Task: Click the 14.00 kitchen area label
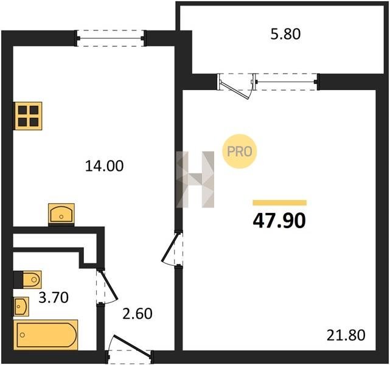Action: click(104, 166)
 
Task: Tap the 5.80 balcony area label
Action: click(285, 34)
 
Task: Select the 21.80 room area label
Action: click(346, 335)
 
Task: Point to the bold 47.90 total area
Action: click(279, 221)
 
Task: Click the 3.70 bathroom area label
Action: click(54, 297)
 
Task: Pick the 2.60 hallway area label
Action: click(138, 313)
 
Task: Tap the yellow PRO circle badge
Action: click(240, 151)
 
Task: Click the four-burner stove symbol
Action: click(29, 116)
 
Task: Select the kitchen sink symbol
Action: click(61, 214)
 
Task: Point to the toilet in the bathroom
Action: click(32, 280)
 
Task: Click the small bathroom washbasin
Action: click(21, 307)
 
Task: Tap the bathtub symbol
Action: click(46, 335)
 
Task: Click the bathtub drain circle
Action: click(23, 335)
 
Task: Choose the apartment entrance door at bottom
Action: click(130, 349)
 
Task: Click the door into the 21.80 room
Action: click(172, 249)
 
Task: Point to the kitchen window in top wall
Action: click(111, 38)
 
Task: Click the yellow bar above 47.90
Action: click(279, 203)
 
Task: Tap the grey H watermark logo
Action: click(195, 179)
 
